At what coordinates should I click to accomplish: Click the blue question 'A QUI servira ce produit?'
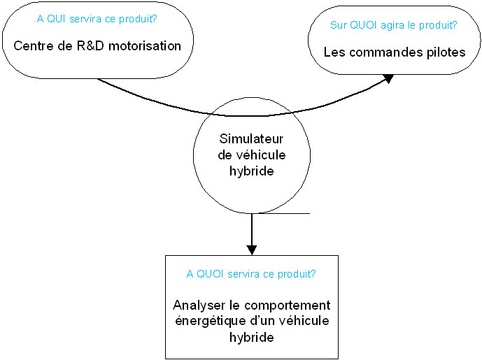(x=97, y=19)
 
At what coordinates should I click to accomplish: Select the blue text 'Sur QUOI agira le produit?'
(x=393, y=25)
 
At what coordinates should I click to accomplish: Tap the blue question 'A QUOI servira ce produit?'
(x=251, y=274)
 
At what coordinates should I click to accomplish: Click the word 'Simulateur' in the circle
(x=251, y=139)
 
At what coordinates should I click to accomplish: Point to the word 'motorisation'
(x=145, y=46)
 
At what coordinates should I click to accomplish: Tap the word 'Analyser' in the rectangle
(x=199, y=305)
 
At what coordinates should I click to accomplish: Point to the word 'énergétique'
(x=211, y=321)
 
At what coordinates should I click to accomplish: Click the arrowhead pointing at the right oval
(x=388, y=78)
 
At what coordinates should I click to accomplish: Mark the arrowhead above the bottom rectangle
(x=252, y=250)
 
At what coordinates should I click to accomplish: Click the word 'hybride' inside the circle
(x=252, y=171)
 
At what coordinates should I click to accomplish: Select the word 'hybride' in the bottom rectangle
(x=252, y=337)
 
